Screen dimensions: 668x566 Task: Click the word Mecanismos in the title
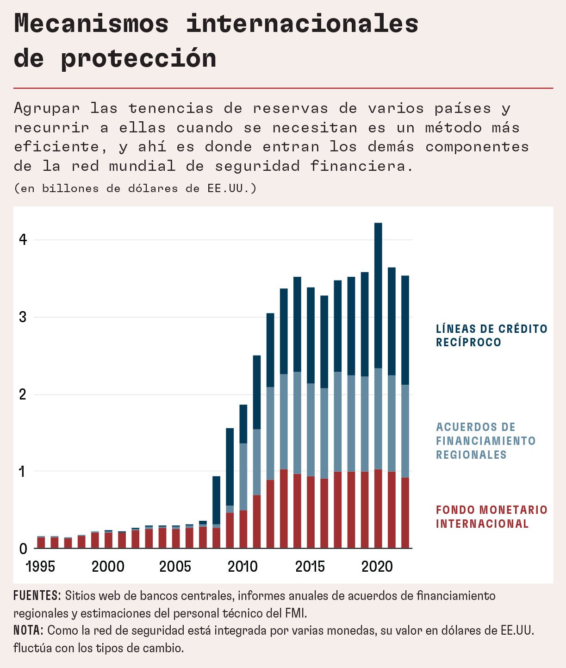coord(91,23)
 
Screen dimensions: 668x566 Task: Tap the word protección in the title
coord(138,58)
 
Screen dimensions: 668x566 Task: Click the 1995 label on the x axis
coord(41,566)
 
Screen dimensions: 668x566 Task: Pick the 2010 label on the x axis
coord(243,566)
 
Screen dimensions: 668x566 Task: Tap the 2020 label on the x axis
coord(377,566)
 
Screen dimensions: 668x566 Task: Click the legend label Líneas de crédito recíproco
coord(491,336)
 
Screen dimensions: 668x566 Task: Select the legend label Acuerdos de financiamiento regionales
coord(485,441)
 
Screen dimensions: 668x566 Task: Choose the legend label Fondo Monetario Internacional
coord(491,517)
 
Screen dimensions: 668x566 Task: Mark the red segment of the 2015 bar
coord(311,512)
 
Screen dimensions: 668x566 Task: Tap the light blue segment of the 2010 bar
coord(243,477)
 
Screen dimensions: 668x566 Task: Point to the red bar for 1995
coord(41,543)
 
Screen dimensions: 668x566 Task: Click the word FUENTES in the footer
coord(37,596)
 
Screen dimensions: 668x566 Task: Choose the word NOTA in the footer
coord(28,631)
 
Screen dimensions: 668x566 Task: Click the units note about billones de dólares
coord(135,188)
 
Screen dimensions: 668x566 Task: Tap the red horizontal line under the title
coord(283,88)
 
